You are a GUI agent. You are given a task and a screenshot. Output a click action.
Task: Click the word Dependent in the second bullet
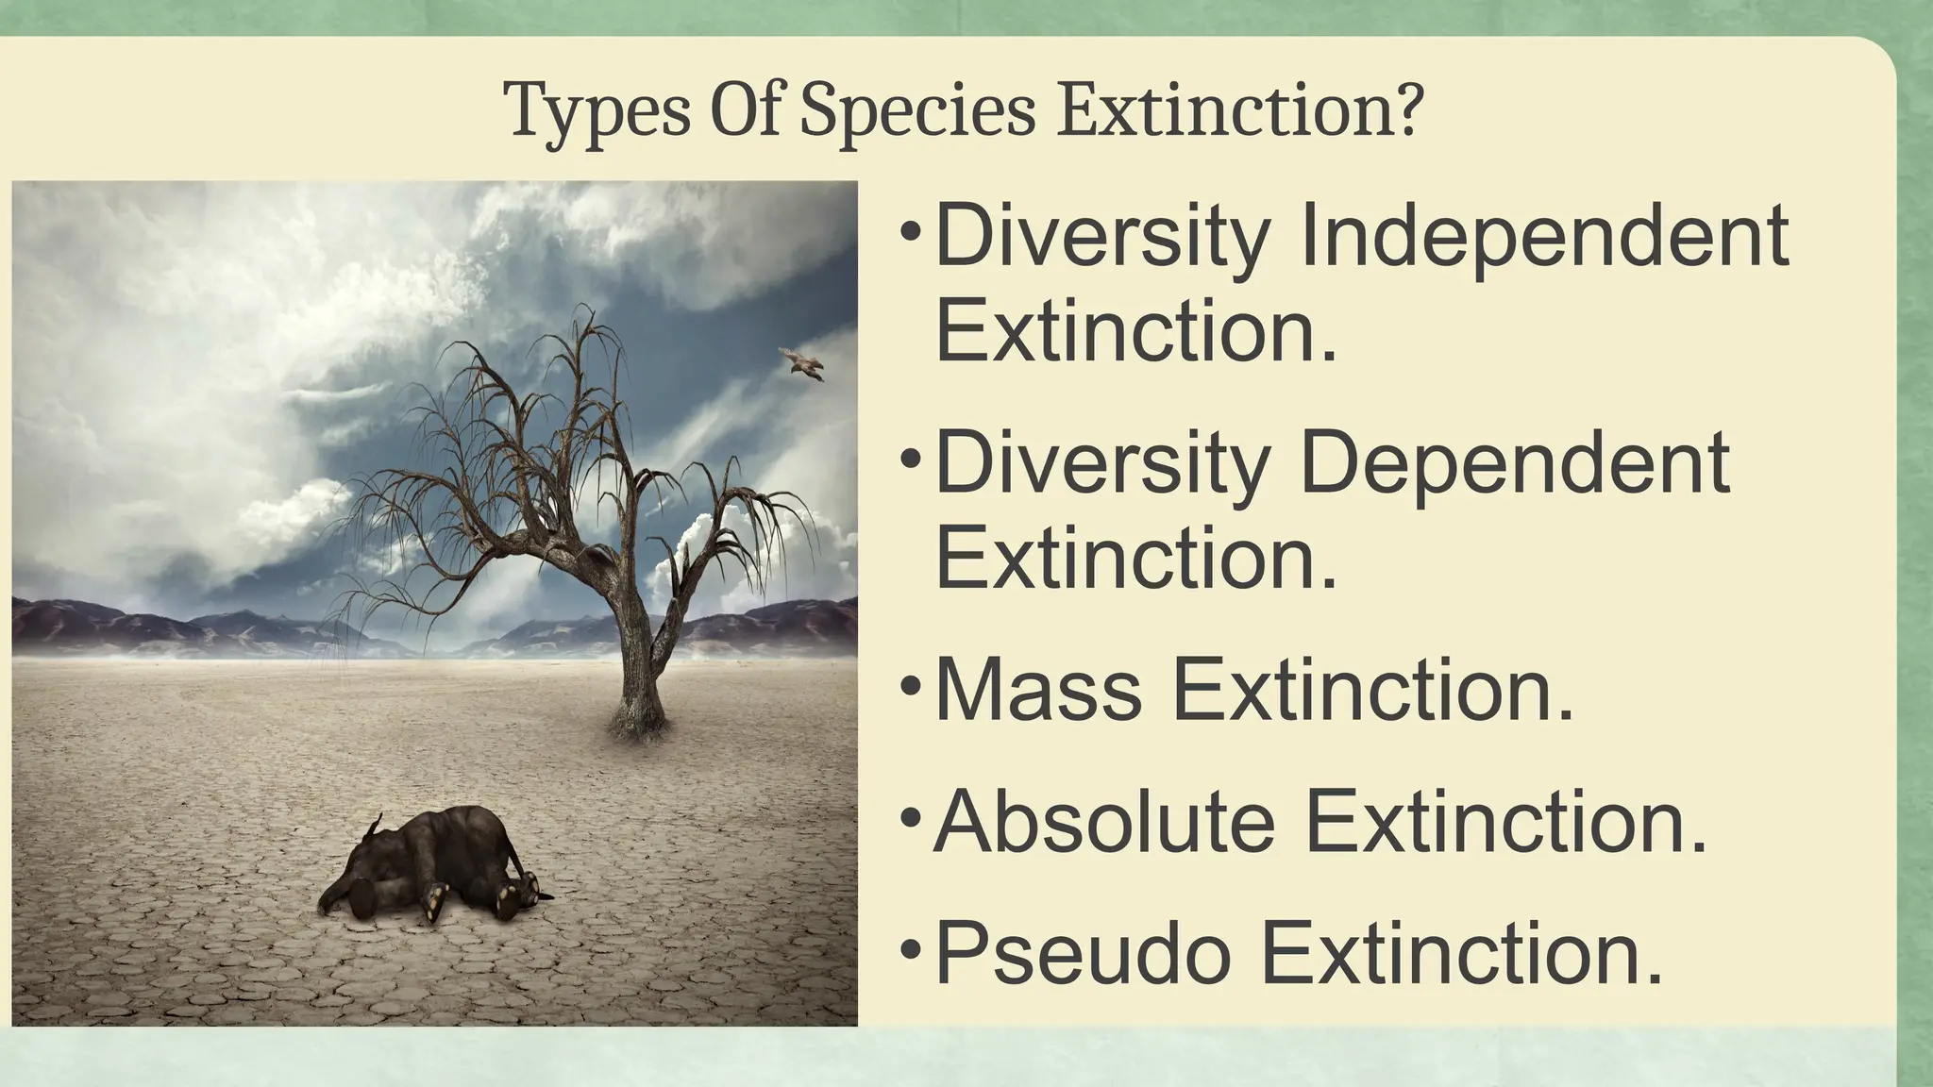click(1515, 463)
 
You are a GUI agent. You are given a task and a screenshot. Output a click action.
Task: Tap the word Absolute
click(1104, 822)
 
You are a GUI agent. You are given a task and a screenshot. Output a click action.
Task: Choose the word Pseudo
click(1083, 954)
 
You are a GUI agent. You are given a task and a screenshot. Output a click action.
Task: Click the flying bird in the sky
click(800, 362)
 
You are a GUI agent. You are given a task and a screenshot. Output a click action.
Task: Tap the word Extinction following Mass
click(1373, 691)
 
